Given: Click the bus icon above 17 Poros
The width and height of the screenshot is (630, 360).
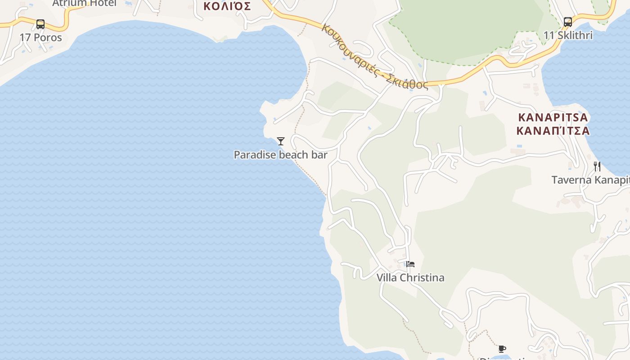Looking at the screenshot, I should pyautogui.click(x=40, y=24).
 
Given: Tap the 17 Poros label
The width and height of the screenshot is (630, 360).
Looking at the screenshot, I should pyautogui.click(x=41, y=37).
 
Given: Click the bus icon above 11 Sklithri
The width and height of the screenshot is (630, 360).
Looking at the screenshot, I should pyautogui.click(x=568, y=22).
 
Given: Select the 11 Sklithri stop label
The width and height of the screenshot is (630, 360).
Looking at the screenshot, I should pyautogui.click(x=568, y=35).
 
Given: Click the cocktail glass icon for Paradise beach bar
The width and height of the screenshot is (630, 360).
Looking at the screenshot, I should pyautogui.click(x=281, y=141).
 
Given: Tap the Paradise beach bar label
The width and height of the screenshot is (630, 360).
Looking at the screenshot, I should pyautogui.click(x=280, y=155).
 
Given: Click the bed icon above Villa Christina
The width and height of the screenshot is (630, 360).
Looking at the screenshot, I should pyautogui.click(x=410, y=264).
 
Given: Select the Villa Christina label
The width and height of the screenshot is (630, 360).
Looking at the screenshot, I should pyautogui.click(x=410, y=278).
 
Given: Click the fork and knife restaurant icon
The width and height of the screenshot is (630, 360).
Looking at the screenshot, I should pyautogui.click(x=597, y=166).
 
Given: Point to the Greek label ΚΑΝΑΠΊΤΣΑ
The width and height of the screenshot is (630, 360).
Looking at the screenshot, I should pyautogui.click(x=553, y=131).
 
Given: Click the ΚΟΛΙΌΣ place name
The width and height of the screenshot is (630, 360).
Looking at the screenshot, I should pyautogui.click(x=227, y=6).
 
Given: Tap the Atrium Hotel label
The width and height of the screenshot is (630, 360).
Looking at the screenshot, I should pyautogui.click(x=84, y=3).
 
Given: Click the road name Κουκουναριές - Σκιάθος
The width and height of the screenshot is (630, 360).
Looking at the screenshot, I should pyautogui.click(x=374, y=57).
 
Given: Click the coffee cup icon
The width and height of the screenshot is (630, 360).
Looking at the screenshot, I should pyautogui.click(x=502, y=349).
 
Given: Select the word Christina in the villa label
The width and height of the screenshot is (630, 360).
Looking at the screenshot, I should pyautogui.click(x=422, y=278).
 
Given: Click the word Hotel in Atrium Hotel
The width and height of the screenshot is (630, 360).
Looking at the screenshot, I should pyautogui.click(x=103, y=3).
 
